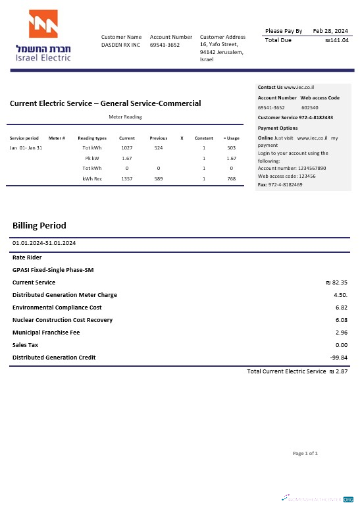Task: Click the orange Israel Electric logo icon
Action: [43, 24]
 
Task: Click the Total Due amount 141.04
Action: [337, 40]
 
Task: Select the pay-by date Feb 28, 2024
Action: [330, 31]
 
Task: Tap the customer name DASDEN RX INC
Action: [120, 45]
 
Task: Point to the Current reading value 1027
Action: [127, 148]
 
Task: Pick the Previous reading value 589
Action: [159, 178]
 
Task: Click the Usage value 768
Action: [231, 178]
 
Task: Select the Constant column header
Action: [204, 138]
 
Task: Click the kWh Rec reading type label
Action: [92, 178]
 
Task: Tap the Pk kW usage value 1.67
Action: [231, 159]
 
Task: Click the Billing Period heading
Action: [39, 226]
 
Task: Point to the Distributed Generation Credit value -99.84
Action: [338, 358]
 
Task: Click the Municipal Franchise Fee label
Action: [46, 333]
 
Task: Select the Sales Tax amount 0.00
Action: [341, 345]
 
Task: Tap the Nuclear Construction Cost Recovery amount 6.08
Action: [341, 320]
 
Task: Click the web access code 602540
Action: [310, 107]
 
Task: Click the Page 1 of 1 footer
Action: [305, 454]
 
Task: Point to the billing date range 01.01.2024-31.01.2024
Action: [44, 243]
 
